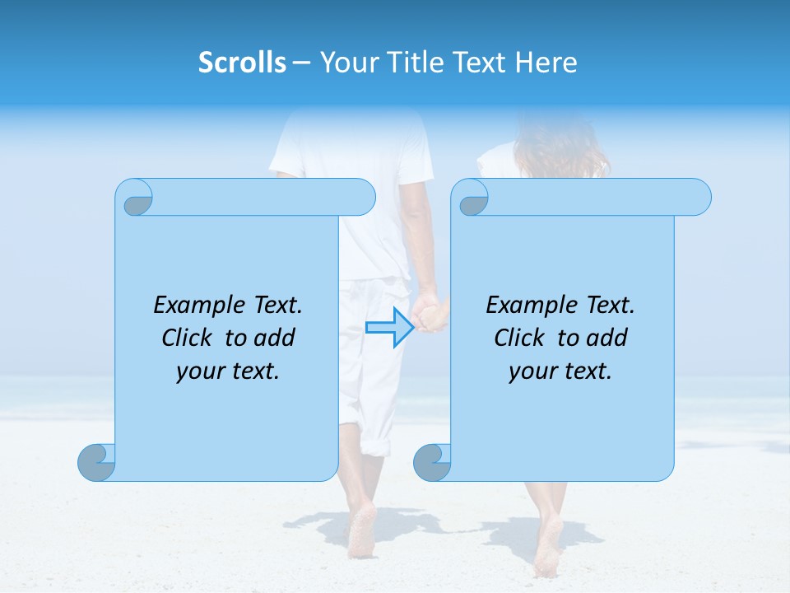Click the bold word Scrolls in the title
242,63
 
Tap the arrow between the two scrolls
389,327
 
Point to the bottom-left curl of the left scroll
96,463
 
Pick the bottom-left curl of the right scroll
432,463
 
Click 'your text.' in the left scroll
228,371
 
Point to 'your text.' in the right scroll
560,371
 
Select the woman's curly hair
562,148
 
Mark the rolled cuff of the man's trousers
375,445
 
